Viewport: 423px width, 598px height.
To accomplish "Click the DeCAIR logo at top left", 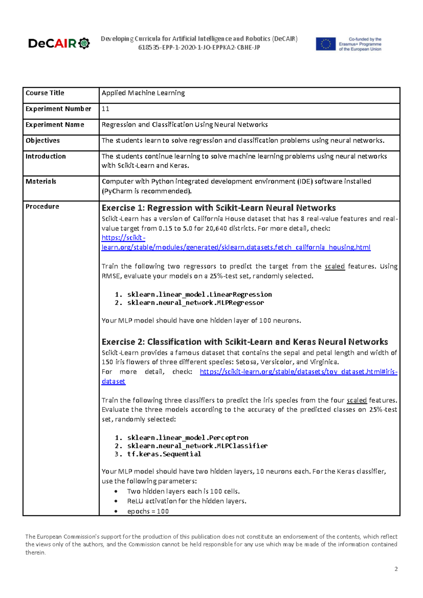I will point(59,43).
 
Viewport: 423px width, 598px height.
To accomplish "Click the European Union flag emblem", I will point(325,44).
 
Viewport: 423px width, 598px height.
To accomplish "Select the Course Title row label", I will point(45,93).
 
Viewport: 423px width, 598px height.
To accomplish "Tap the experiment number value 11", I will point(105,109).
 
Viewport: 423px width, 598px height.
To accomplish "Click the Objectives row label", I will point(43,141).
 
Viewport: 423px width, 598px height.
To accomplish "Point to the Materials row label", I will point(41,182).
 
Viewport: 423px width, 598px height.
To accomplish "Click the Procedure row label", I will point(42,207).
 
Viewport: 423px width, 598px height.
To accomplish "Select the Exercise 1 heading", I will point(219,208).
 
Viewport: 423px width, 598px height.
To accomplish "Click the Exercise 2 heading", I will point(245,342).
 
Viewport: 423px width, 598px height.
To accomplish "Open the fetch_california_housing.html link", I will point(236,248).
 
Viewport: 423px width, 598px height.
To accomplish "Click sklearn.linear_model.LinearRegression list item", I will point(199,294).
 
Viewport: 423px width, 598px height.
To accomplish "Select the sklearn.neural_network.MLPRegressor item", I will point(195,303).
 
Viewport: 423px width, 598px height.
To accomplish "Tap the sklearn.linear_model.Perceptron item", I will point(188,438).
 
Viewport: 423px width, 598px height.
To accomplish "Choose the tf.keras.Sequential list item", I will point(164,454).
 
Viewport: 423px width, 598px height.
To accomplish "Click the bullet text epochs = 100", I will point(148,511).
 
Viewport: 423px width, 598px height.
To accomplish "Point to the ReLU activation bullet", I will point(186,501).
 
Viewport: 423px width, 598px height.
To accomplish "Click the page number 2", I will point(396,569).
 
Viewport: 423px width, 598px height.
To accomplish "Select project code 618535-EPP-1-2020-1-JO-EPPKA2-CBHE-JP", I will point(199,48).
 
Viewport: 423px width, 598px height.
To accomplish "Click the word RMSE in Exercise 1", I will point(111,276).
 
